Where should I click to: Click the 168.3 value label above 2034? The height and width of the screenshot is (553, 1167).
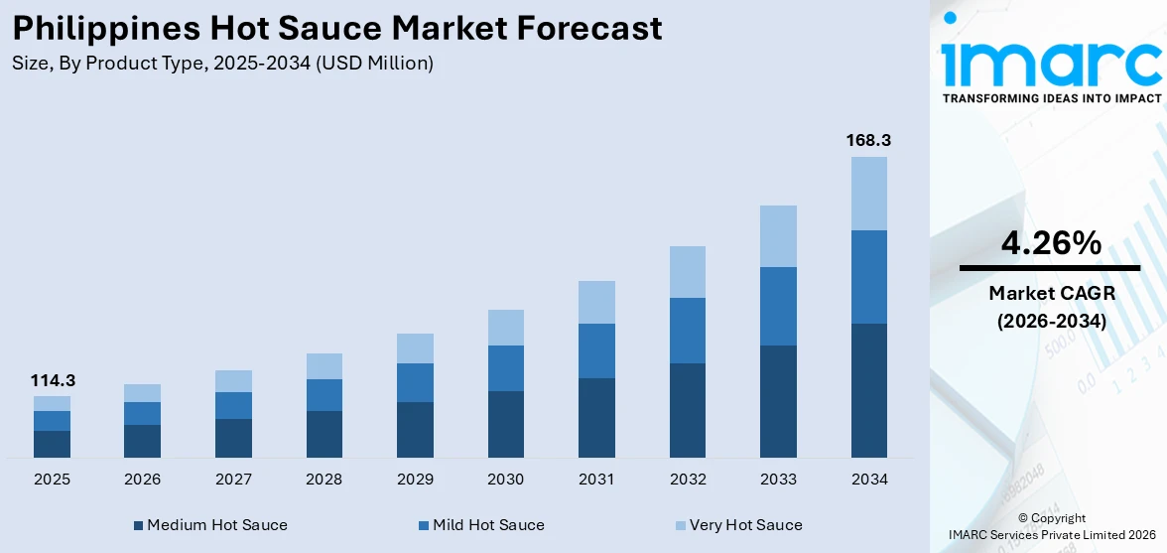pyautogui.click(x=867, y=141)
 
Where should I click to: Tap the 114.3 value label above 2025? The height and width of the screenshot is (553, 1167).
pyautogui.click(x=53, y=380)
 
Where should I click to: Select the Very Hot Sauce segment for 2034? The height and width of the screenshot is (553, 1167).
pyautogui.click(x=868, y=194)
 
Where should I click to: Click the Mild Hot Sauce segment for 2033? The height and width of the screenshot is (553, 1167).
pyautogui.click(x=778, y=306)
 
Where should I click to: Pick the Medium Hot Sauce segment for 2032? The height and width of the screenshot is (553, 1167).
pyautogui.click(x=687, y=410)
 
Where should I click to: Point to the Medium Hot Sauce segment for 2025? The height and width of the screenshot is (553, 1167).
pyautogui.click(x=52, y=444)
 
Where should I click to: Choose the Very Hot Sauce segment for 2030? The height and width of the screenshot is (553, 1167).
pyautogui.click(x=505, y=328)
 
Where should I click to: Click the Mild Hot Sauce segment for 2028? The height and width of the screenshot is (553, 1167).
pyautogui.click(x=324, y=395)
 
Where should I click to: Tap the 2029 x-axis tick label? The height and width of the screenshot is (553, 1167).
pyautogui.click(x=415, y=480)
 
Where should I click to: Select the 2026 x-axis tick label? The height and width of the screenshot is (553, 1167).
pyautogui.click(x=143, y=480)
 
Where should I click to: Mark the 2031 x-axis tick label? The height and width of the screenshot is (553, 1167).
pyautogui.click(x=596, y=480)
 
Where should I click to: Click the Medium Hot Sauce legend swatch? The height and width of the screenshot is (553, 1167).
pyautogui.click(x=139, y=525)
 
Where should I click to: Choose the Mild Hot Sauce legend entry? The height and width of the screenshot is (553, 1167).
pyautogui.click(x=487, y=525)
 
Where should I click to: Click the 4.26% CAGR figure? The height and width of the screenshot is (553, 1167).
pyautogui.click(x=1050, y=242)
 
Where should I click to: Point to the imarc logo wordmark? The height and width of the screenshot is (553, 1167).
pyautogui.click(x=1051, y=62)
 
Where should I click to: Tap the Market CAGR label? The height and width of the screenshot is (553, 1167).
pyautogui.click(x=1050, y=293)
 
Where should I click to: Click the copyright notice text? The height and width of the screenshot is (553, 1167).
pyautogui.click(x=1051, y=526)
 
